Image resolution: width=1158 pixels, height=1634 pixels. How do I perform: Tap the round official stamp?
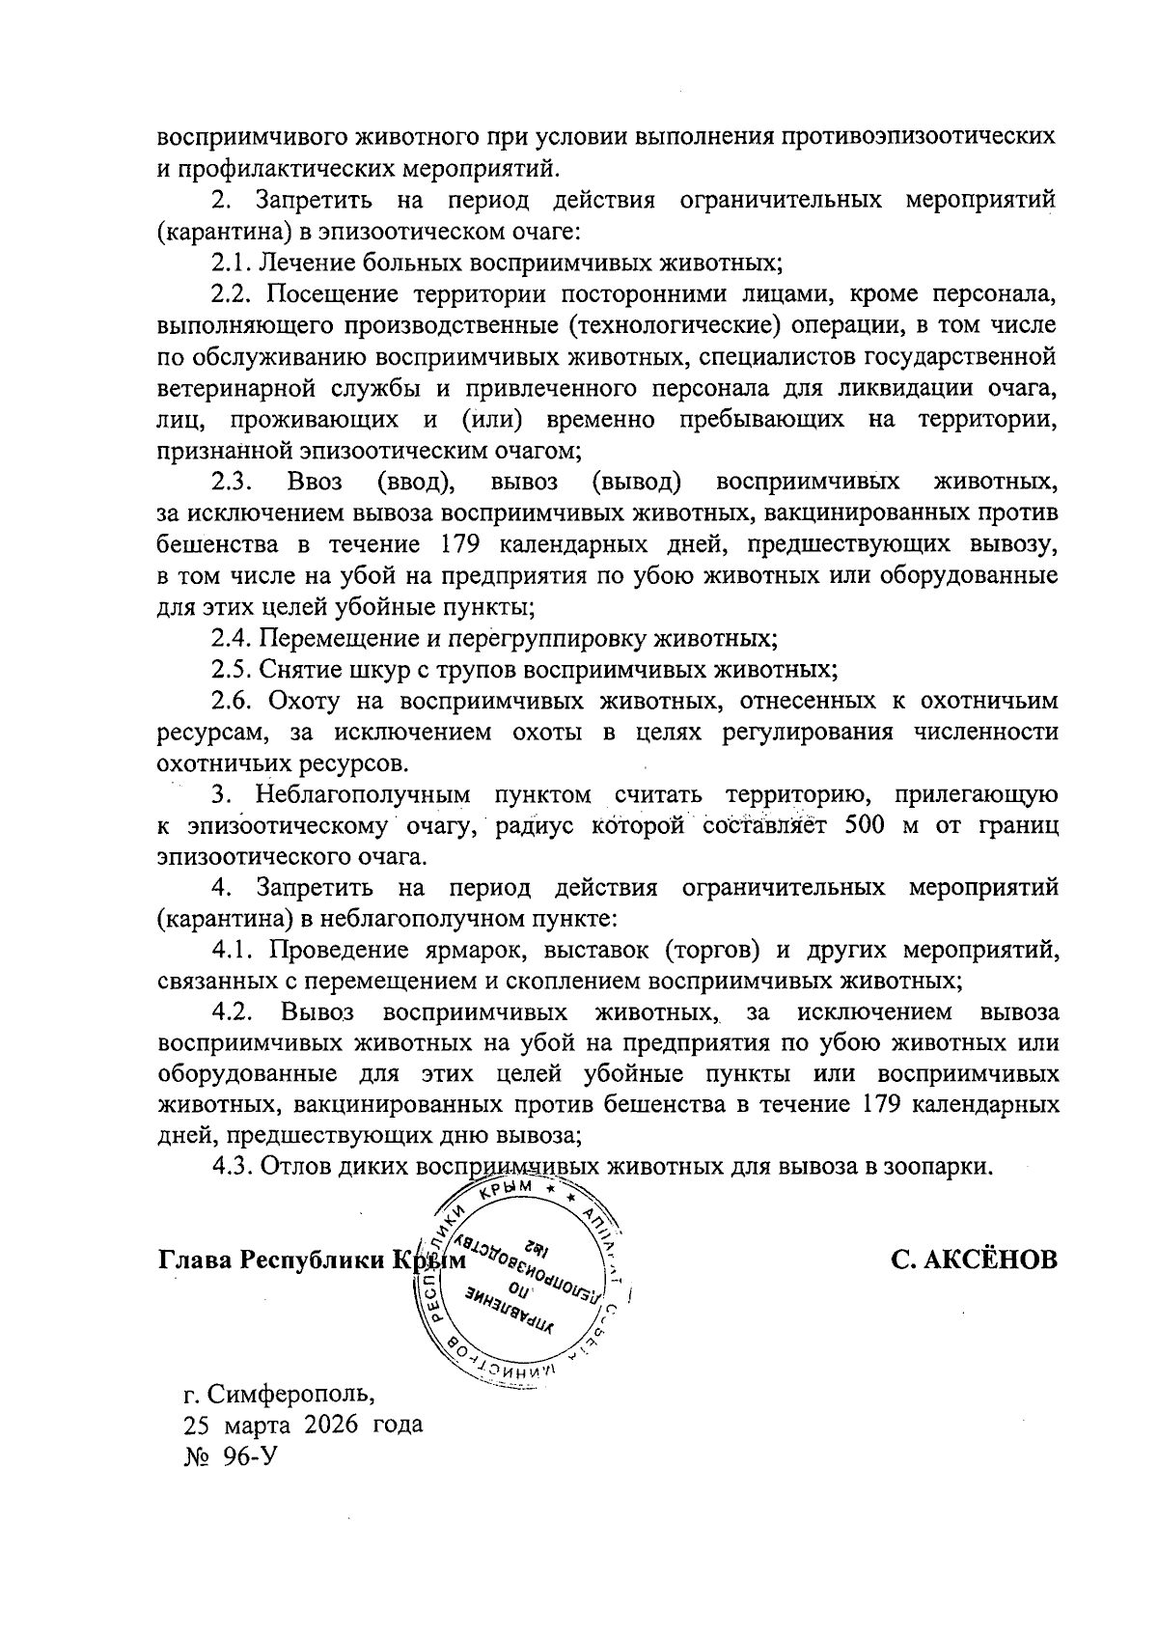522,1284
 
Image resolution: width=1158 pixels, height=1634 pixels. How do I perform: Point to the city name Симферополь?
289,1394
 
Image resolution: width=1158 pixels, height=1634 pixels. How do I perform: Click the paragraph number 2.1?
233,262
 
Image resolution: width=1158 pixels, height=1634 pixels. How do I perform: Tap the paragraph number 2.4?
233,638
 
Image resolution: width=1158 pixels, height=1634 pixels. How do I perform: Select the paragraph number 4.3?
233,1167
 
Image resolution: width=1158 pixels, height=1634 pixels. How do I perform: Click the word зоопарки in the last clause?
940,1167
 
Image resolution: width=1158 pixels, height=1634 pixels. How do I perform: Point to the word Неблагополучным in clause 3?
362,795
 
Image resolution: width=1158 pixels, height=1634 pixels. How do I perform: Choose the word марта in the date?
261,1425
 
